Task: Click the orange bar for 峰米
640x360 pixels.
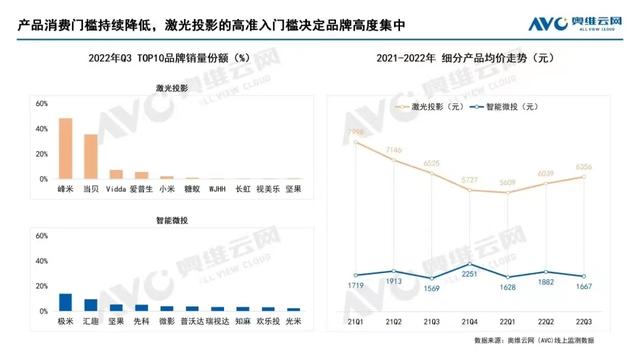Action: point(65,149)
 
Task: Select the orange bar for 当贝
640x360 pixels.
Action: point(91,157)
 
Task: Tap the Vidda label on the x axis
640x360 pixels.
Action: point(116,188)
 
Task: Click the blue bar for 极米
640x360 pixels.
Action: point(65,303)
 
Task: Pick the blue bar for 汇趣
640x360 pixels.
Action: point(91,306)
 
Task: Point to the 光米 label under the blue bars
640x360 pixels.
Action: point(292,322)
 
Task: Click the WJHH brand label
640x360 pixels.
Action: point(216,188)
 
